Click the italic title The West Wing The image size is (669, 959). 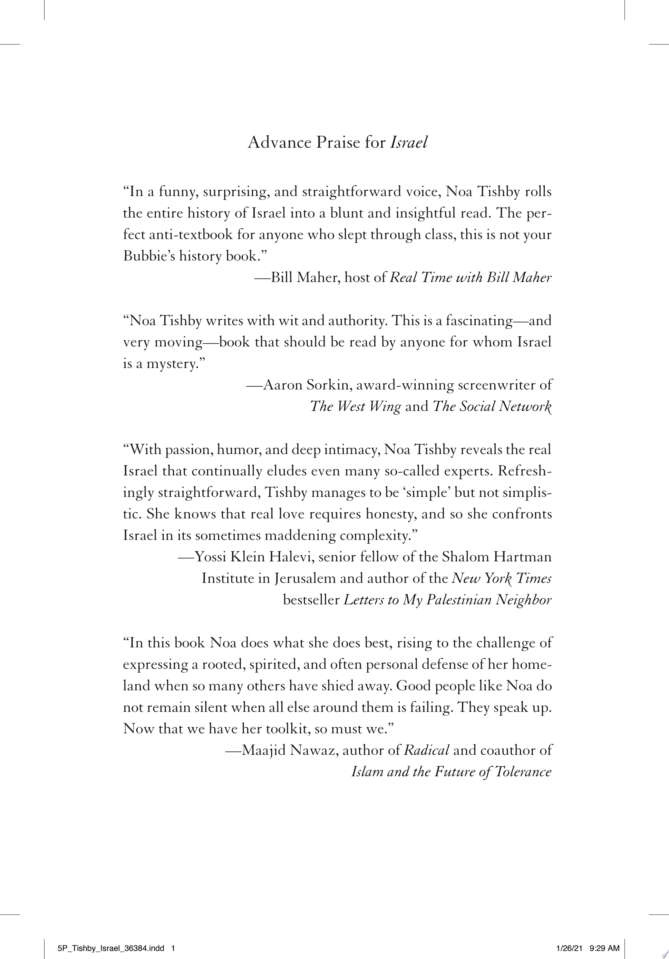pos(355,406)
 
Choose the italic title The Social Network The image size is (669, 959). pos(492,406)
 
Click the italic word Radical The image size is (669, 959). pos(426,750)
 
